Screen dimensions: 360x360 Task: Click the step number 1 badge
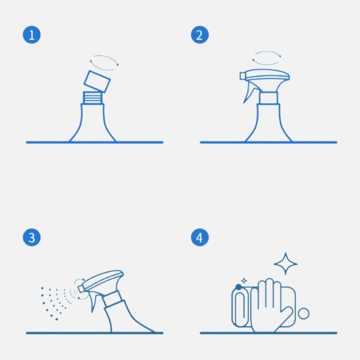(31, 35)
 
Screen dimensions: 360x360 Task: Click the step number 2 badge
(199, 35)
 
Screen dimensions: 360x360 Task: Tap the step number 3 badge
(31, 237)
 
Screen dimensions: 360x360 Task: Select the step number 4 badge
(199, 237)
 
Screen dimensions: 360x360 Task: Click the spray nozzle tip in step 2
(243, 76)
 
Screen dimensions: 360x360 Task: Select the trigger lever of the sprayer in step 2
(248, 93)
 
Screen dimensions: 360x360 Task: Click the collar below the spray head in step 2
(267, 97)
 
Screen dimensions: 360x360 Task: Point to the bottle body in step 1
(92, 125)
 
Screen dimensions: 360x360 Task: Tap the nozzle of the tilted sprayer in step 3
(81, 288)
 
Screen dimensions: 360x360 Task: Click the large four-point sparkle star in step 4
(285, 263)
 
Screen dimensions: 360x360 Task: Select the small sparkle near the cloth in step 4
(243, 281)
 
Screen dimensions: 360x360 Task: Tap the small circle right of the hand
(303, 313)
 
